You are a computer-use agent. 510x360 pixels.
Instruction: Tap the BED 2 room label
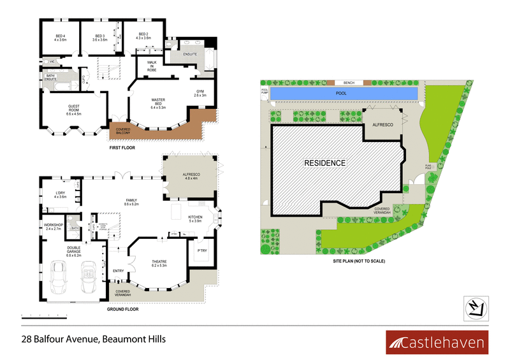pos(143,36)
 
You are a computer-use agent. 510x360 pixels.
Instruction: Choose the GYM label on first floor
pos(200,93)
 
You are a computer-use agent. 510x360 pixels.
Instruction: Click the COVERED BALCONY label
pos(124,133)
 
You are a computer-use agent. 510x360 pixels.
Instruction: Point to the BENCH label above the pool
pos(349,83)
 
